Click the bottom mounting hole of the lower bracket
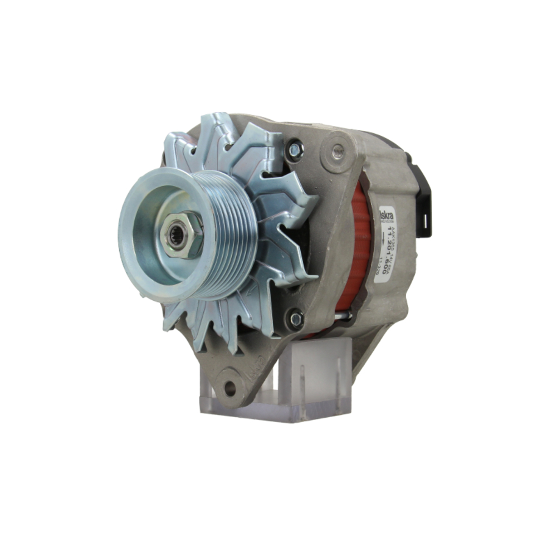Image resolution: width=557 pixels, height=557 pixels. (x=229, y=388)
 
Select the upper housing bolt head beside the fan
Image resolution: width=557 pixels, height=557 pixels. (x=295, y=149)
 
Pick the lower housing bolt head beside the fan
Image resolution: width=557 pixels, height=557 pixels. (x=296, y=319)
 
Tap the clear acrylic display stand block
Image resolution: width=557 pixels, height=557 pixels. (x=312, y=379)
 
